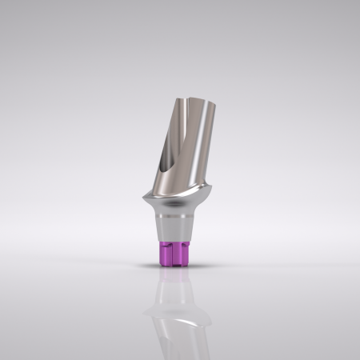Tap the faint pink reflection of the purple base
pos(180,276)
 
